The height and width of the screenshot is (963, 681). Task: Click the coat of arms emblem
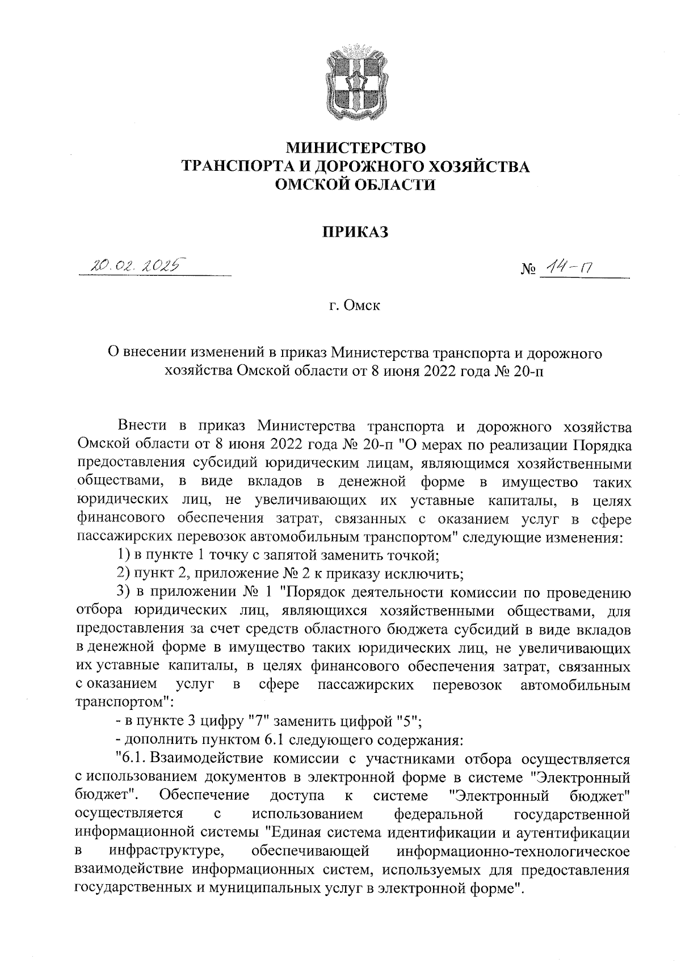(x=356, y=83)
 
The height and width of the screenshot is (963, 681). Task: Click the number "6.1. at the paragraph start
(x=131, y=758)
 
